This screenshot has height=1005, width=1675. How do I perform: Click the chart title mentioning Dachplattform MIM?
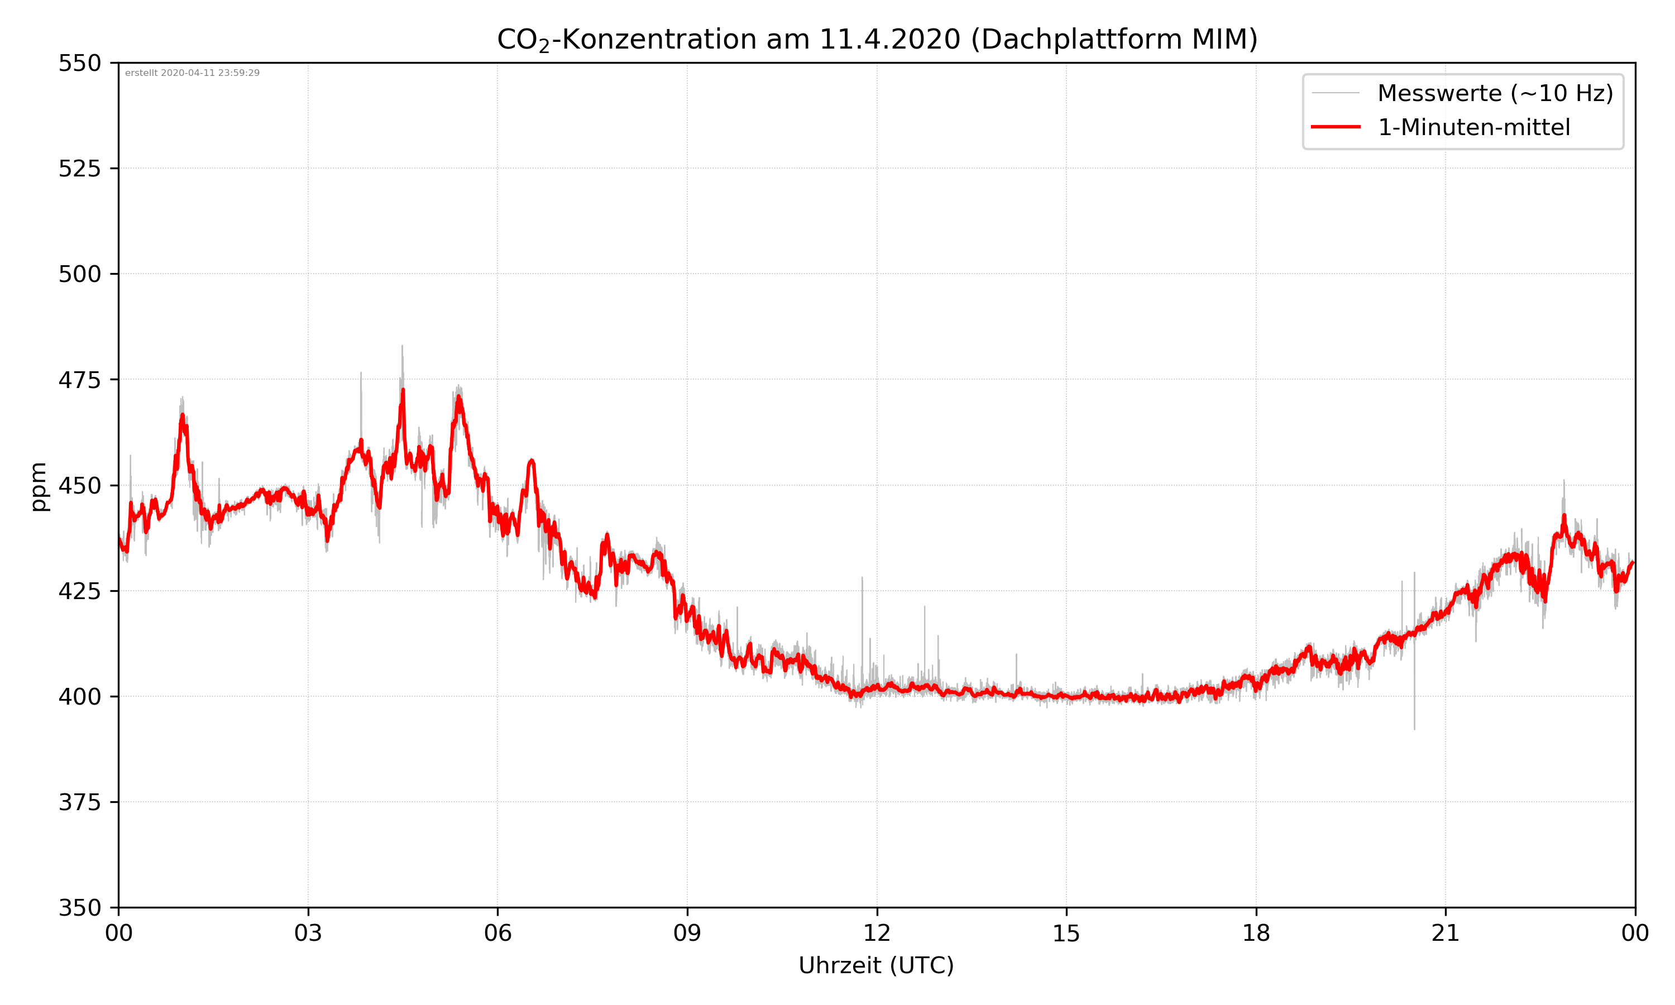pyautogui.click(x=877, y=39)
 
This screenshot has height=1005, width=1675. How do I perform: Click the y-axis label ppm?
pyautogui.click(x=39, y=486)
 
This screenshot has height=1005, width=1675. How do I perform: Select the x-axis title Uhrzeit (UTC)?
pyautogui.click(x=876, y=965)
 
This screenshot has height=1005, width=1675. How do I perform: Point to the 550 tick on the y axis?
pyautogui.click(x=79, y=63)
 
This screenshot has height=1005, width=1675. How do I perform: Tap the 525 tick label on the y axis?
pyautogui.click(x=79, y=169)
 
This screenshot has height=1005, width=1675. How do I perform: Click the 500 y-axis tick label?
pyautogui.click(x=79, y=274)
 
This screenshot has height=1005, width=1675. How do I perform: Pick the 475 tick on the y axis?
pyautogui.click(x=79, y=380)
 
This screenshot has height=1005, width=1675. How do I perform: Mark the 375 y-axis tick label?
pyautogui.click(x=79, y=802)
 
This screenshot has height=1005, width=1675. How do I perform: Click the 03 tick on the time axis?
pyautogui.click(x=308, y=933)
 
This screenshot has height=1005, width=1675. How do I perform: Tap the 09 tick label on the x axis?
pyautogui.click(x=687, y=933)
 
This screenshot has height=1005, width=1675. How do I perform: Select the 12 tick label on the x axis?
pyautogui.click(x=877, y=933)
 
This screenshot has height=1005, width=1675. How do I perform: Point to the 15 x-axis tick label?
pyautogui.click(x=1066, y=933)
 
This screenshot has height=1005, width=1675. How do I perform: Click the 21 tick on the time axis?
pyautogui.click(x=1446, y=933)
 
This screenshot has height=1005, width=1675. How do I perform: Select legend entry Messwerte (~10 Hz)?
pyautogui.click(x=1495, y=93)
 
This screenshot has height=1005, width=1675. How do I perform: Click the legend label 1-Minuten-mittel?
pyautogui.click(x=1473, y=127)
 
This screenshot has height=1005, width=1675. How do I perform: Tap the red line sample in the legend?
pyautogui.click(x=1335, y=127)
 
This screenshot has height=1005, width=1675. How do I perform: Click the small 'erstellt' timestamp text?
pyautogui.click(x=192, y=73)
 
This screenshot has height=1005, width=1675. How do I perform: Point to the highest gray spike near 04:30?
pyautogui.click(x=402, y=347)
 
